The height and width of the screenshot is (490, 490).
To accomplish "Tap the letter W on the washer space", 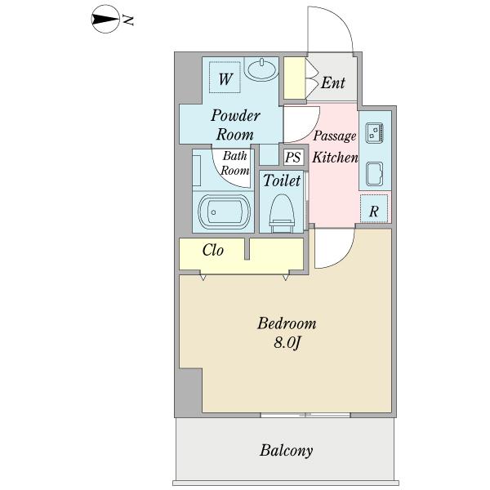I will [x=226, y=79].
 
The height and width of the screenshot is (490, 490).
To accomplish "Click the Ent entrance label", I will [x=333, y=82].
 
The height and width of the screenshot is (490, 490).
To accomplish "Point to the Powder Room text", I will [x=235, y=125].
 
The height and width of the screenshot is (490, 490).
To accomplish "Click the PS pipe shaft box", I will [x=292, y=158].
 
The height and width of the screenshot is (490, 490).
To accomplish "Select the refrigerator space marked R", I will [x=374, y=210].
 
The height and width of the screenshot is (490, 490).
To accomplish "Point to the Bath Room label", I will [x=235, y=164].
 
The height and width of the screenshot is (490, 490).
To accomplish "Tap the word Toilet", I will [x=282, y=181].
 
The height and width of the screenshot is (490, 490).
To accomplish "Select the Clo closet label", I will [x=213, y=251].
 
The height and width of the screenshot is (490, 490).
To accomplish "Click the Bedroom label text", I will [x=286, y=324].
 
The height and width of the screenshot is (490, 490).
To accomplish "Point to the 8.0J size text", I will [x=287, y=344].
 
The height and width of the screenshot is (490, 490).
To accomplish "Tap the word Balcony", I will [x=287, y=450].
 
